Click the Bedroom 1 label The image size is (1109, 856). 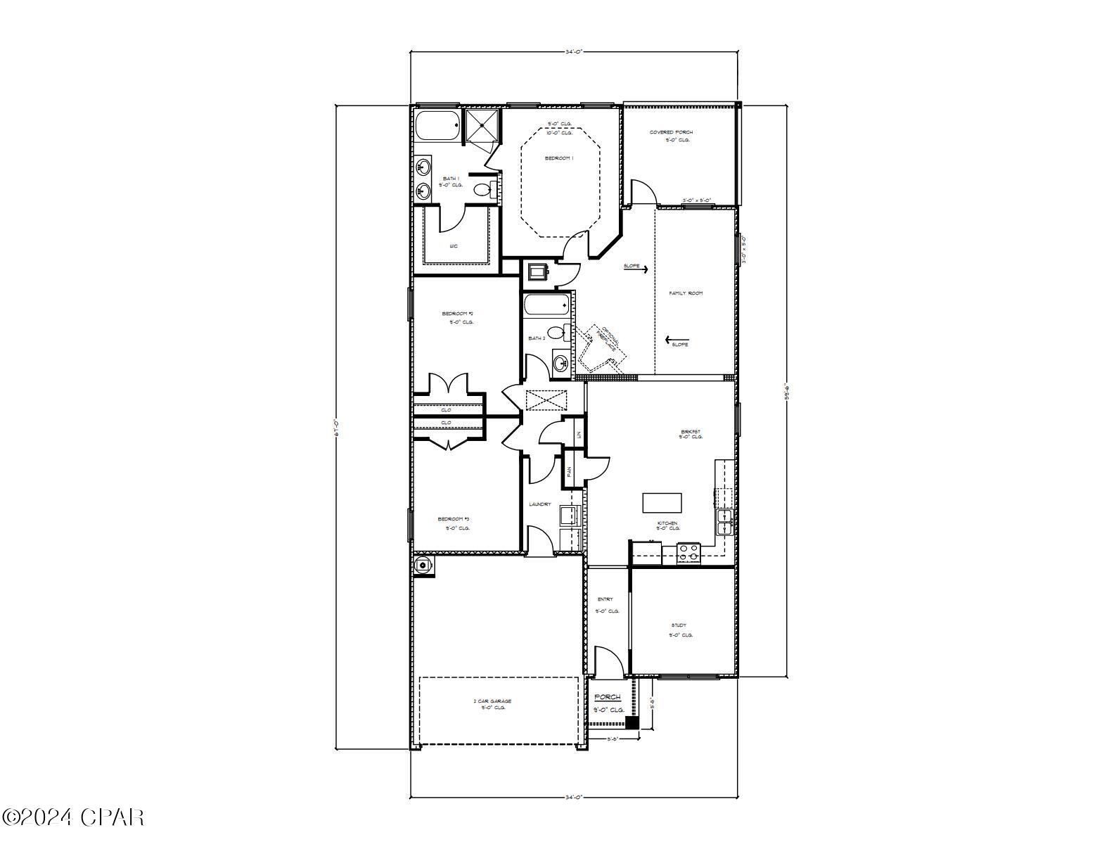point(559,158)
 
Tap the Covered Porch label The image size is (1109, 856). point(671,132)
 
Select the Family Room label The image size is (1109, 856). point(686,293)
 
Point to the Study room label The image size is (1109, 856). point(679,625)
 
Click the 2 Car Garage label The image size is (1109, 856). point(492,701)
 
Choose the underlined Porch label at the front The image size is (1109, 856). point(608,697)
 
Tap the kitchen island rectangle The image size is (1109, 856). point(662,503)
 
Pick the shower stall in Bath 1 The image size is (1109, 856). point(482,126)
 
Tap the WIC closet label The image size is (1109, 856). point(454,246)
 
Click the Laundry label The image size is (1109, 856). point(540,504)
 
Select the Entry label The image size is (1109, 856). point(605,599)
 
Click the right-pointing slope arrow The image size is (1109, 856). point(639,268)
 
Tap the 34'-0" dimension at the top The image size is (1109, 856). point(575,51)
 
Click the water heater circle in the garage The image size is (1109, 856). point(423,565)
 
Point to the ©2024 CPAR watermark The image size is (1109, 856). point(74,817)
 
